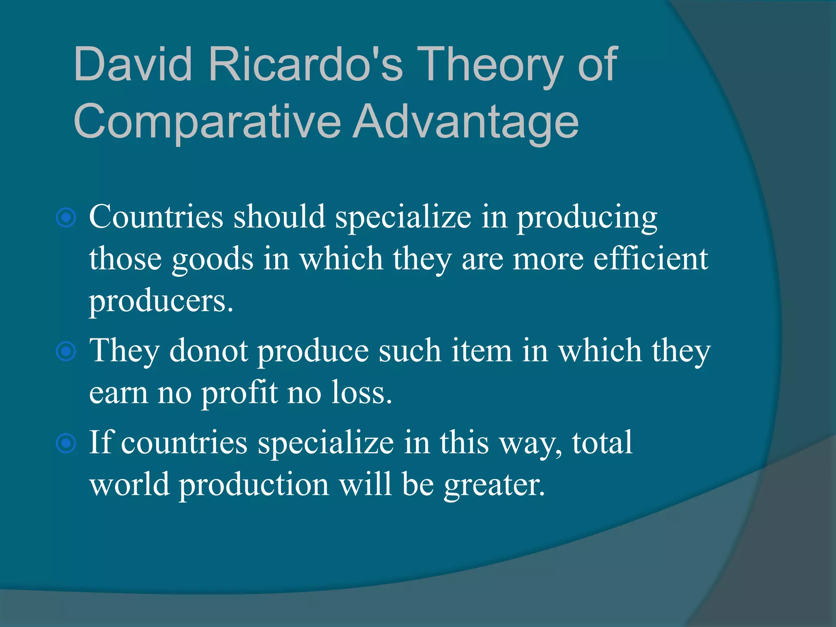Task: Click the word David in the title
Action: [133, 64]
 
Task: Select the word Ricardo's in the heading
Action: [306, 64]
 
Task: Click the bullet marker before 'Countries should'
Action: [66, 218]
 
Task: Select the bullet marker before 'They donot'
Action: [66, 351]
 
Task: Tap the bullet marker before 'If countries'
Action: [66, 443]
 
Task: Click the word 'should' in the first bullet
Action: [279, 216]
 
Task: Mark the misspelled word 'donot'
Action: [209, 351]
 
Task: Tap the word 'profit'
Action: [240, 393]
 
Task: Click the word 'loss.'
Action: [361, 392]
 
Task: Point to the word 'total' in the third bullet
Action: [602, 442]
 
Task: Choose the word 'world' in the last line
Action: [129, 485]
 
